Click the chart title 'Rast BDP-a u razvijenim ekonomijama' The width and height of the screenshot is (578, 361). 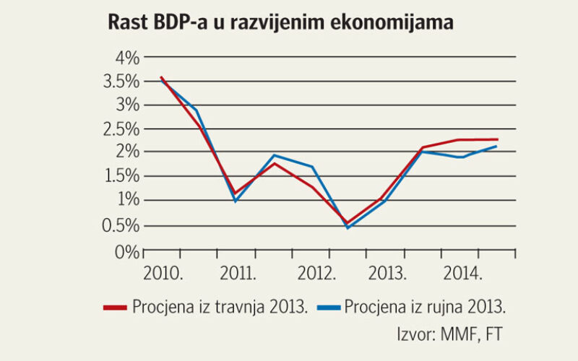tap(280, 23)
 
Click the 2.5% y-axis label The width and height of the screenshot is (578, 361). tap(121, 129)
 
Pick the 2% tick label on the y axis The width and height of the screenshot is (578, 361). tap(127, 153)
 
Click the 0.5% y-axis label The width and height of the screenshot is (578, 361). tap(121, 226)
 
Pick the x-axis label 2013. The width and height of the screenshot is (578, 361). tap(387, 275)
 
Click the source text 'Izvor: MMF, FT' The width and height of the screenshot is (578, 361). tap(451, 334)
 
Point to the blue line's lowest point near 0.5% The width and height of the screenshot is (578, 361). tap(348, 227)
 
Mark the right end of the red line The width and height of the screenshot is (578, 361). tap(497, 139)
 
